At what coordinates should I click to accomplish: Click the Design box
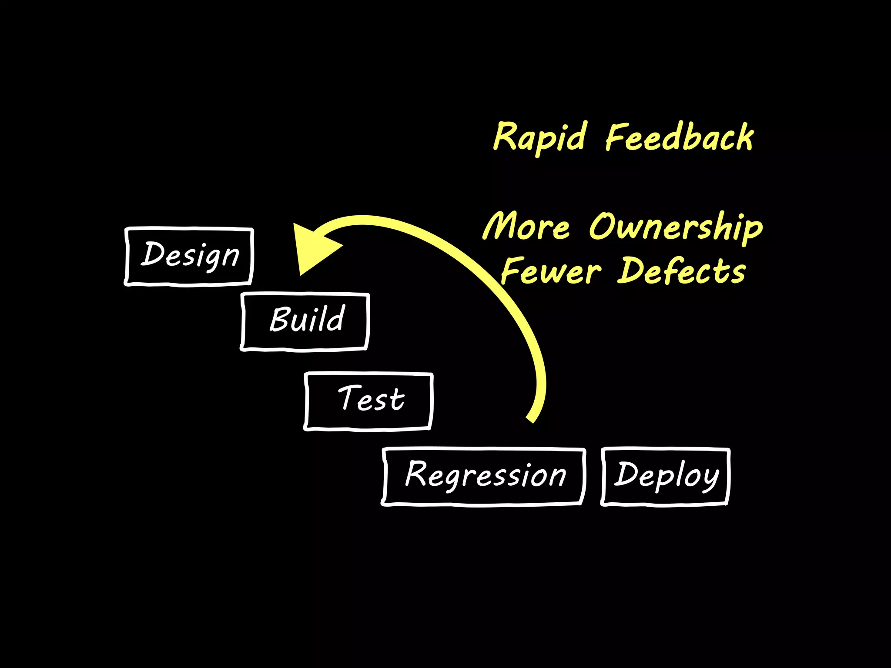coord(189,257)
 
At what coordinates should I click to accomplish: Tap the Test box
coord(368,401)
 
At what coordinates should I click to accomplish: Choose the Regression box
coord(483,476)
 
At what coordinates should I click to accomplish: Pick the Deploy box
coord(665,476)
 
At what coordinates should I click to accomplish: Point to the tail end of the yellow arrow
coord(531,418)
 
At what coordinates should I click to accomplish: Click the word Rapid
coord(539,137)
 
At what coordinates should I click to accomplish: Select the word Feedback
coord(680,137)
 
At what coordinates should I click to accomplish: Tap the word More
coord(526,226)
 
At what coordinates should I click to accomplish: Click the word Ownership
coord(676,227)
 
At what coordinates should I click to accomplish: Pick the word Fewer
coord(551,271)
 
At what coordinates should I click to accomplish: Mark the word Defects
coord(682,271)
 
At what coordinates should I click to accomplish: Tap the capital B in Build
coord(280,319)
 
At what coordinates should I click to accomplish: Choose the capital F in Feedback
coord(618,137)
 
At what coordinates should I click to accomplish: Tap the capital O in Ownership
coord(603,226)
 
